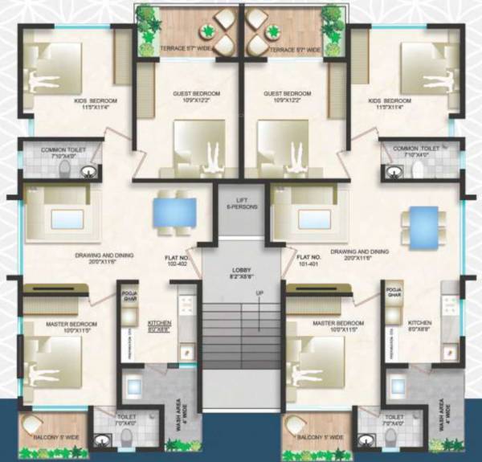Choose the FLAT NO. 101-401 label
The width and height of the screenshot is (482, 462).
coord(310,262)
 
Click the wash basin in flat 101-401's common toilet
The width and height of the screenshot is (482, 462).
coord(394,170)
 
